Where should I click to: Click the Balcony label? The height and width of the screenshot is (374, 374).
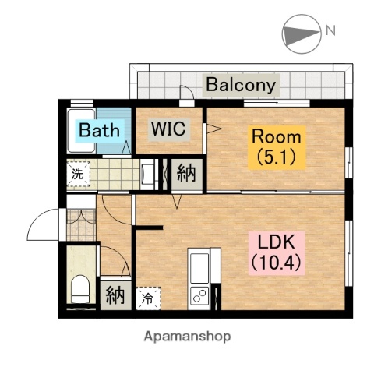pyautogui.click(x=241, y=85)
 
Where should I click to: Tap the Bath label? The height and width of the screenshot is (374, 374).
pyautogui.click(x=100, y=130)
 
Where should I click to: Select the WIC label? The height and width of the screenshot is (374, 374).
pyautogui.click(x=169, y=129)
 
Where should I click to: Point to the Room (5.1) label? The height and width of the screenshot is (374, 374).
pyautogui.click(x=277, y=147)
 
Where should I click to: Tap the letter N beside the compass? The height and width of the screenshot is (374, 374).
pyautogui.click(x=330, y=30)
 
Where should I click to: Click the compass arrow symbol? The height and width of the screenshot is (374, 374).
pyautogui.click(x=301, y=34)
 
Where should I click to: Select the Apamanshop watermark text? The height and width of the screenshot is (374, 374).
pyautogui.click(x=187, y=337)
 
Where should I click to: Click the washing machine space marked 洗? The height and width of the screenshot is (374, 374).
pyautogui.click(x=78, y=174)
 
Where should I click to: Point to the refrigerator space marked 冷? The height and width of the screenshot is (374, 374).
pyautogui.click(x=148, y=298)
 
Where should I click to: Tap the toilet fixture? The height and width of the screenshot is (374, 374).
pyautogui.click(x=80, y=288)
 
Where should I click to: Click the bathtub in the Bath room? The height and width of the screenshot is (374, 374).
pyautogui.click(x=82, y=131)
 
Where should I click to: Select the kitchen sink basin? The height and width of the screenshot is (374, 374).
pyautogui.click(x=199, y=268)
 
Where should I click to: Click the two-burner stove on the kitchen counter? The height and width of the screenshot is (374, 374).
pyautogui.click(x=199, y=295)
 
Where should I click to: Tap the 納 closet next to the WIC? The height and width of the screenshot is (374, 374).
pyautogui.click(x=186, y=175)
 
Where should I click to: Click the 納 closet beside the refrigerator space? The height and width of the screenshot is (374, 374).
pyautogui.click(x=115, y=295)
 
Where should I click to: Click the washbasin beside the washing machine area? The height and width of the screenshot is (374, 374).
pyautogui.click(x=147, y=173)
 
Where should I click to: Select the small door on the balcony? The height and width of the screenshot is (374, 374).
pyautogui.click(x=187, y=92)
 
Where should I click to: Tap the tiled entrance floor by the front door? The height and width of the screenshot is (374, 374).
pyautogui.click(x=81, y=225)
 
